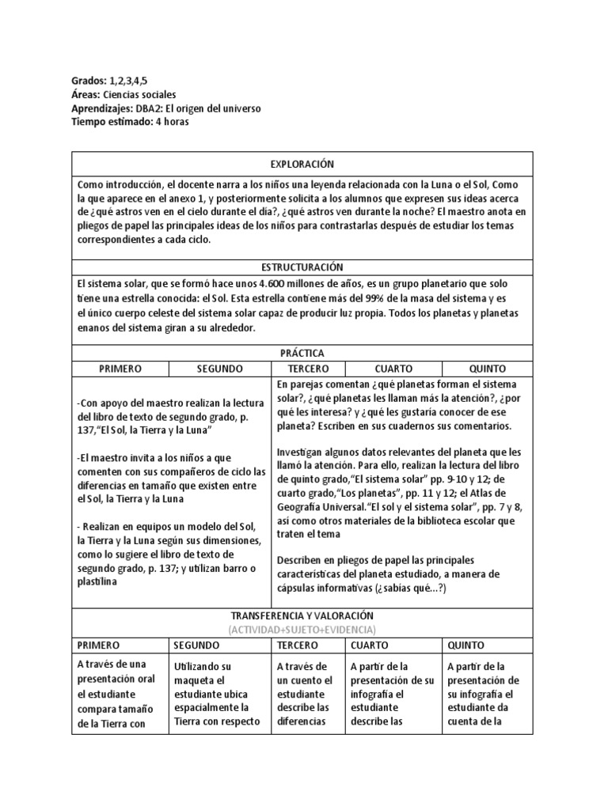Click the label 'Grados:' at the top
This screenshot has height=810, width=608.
click(x=89, y=81)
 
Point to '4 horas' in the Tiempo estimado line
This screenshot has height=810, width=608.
click(x=172, y=122)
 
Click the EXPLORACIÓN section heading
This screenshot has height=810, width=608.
click(x=302, y=164)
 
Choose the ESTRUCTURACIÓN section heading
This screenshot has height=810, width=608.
click(x=302, y=267)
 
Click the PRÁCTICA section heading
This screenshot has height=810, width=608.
click(x=302, y=353)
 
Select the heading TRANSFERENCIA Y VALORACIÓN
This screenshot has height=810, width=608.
click(x=302, y=615)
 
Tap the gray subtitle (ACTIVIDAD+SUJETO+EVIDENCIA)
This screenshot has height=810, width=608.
click(x=302, y=629)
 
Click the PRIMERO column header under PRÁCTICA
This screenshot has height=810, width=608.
click(x=120, y=369)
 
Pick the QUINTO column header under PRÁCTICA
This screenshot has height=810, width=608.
click(x=488, y=369)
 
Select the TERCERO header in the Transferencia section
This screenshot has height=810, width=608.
click(x=298, y=644)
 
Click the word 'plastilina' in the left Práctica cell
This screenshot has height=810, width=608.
click(x=97, y=581)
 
